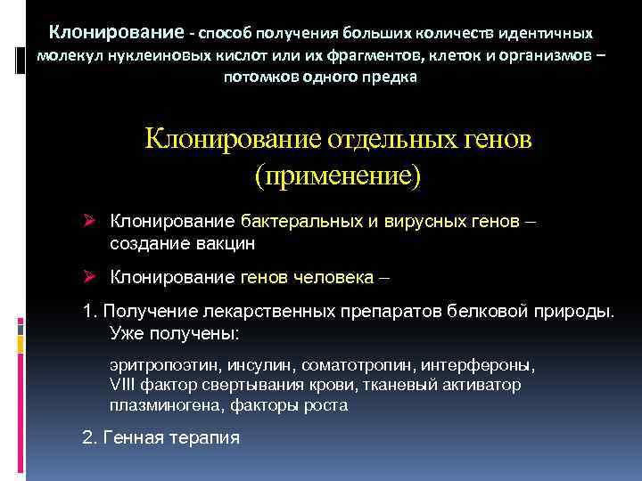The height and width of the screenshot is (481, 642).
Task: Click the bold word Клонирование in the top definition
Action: click(x=116, y=33)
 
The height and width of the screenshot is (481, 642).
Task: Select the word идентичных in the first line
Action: click(x=546, y=34)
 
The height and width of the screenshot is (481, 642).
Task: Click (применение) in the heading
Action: click(x=337, y=173)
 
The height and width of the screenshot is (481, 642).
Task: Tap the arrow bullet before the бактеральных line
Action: click(x=90, y=220)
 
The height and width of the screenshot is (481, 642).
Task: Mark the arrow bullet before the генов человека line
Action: click(x=90, y=277)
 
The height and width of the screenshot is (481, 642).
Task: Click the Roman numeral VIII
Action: click(x=120, y=385)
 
